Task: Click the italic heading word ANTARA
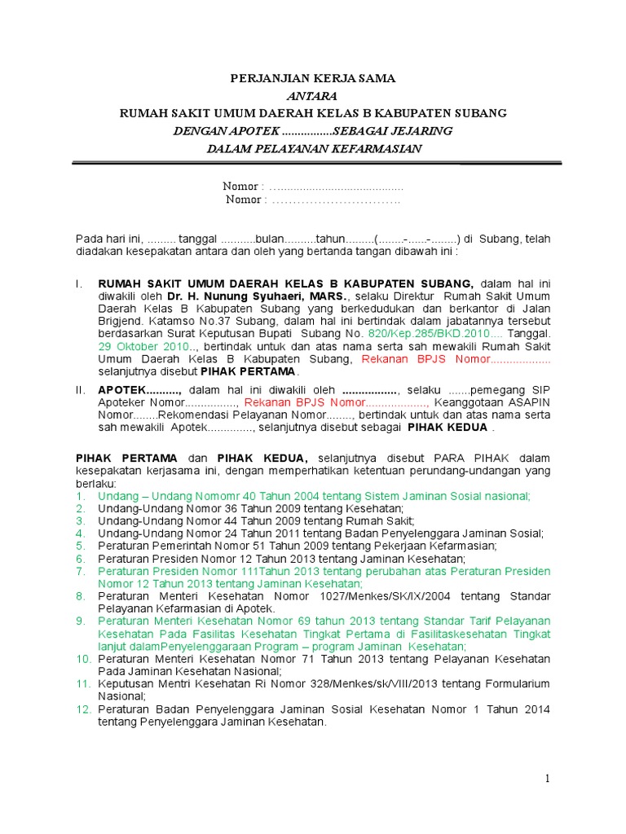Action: pos(312,95)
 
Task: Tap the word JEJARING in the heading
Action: pos(417,130)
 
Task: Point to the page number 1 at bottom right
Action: pos(549,779)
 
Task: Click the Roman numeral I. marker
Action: pos(78,284)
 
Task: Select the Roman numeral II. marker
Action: pos(80,390)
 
